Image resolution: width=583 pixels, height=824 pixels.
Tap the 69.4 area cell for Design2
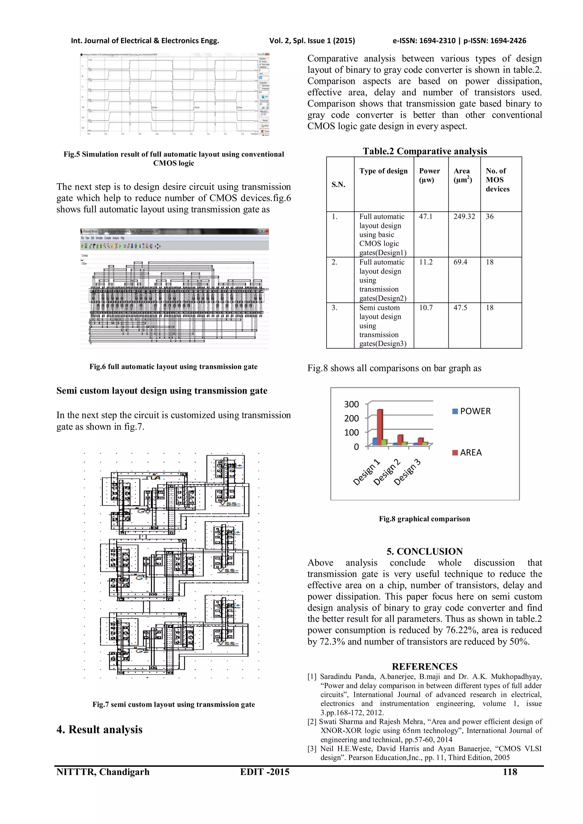[460, 262]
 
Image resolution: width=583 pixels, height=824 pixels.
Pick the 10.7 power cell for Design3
[426, 308]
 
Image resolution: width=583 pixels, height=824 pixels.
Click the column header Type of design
[383, 171]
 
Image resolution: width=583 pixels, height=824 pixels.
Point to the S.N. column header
[338, 184]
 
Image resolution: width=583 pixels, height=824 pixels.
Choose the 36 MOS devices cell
[490, 217]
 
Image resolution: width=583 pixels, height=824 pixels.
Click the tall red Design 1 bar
[379, 427]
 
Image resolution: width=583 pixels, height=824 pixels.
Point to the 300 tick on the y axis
[352, 405]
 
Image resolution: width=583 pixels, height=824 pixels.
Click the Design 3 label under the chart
[407, 472]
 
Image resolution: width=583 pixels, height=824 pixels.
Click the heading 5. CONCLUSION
[424, 551]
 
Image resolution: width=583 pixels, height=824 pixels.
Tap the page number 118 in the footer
[510, 772]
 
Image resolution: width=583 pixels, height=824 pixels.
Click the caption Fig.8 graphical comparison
[424, 519]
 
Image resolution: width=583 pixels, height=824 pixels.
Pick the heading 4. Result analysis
[99, 730]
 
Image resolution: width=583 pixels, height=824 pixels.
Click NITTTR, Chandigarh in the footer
[103, 772]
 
